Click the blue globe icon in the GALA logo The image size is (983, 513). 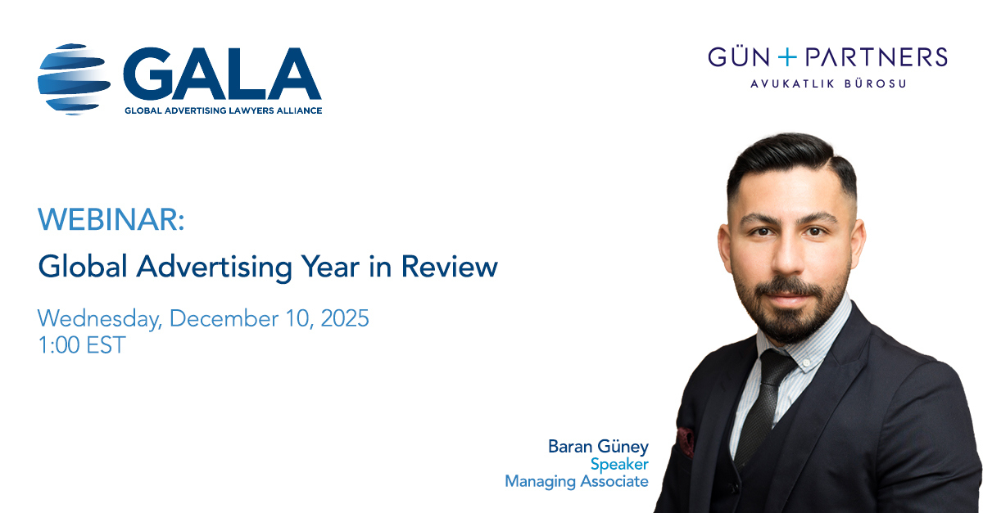pos(74,79)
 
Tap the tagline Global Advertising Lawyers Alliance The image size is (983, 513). pos(223,110)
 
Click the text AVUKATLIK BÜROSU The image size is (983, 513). pos(828,83)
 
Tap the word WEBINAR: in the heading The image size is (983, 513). pos(111,220)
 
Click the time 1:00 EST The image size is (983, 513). pos(82,344)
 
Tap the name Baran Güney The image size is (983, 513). pos(598,447)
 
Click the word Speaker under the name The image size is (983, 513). pos(619,464)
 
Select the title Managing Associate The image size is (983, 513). pos(576,482)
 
